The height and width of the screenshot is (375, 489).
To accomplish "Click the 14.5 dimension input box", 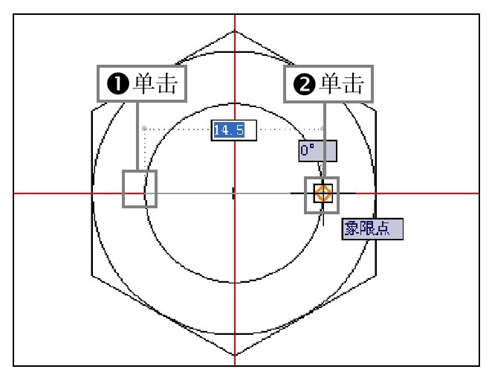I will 233,130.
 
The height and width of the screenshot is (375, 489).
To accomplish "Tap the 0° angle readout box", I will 318,150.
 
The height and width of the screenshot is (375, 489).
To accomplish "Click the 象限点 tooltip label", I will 372,228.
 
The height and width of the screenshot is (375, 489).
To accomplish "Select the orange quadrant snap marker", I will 323,193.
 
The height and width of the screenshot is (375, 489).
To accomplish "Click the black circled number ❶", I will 117,86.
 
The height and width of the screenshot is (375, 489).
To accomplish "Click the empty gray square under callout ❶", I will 140,188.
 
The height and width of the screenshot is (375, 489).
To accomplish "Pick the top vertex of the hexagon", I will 234,31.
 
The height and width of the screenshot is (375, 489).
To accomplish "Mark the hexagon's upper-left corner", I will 92,112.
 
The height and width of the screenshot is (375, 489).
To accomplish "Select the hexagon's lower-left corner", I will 92,275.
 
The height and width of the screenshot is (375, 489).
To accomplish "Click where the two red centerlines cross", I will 234,193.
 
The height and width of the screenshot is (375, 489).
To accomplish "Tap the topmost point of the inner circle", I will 234,104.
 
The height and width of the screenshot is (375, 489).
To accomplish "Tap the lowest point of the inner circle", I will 234,283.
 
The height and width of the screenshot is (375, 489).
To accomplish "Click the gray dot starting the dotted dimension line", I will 143,128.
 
